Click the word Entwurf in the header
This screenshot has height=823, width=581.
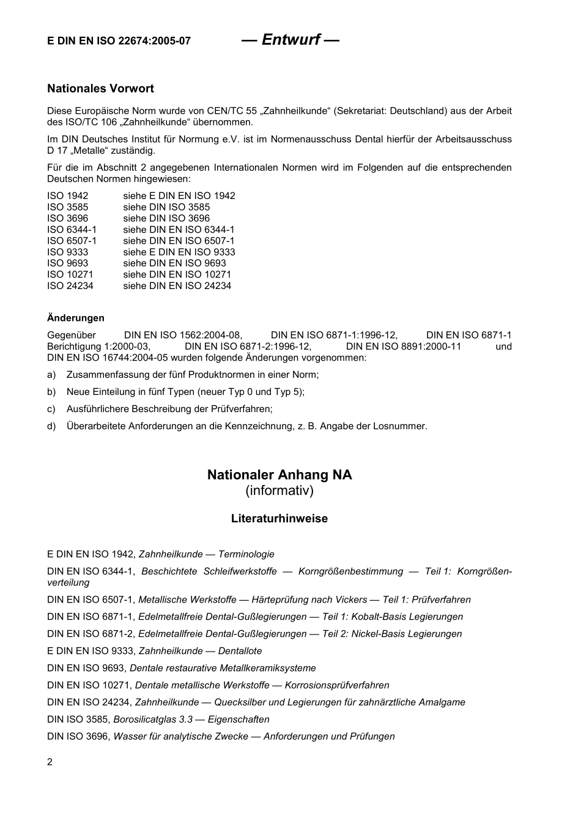pos(290,40)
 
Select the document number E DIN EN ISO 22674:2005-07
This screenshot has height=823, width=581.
pos(119,41)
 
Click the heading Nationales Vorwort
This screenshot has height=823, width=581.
pos(100,89)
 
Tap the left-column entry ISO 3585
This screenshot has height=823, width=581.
pos(67,207)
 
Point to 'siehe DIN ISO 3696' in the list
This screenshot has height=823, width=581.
pos(166,219)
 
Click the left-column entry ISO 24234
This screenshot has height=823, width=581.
pos(70,286)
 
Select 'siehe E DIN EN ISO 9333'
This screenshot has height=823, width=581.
pos(179,252)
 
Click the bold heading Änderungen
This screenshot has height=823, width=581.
pos(76,318)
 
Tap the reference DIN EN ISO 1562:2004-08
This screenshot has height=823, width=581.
pos(183,335)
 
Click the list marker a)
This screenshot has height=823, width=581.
pos(51,375)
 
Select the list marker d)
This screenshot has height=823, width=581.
pos(51,426)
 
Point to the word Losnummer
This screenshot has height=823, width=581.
pos(399,426)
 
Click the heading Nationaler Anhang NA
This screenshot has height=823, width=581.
pos(279,475)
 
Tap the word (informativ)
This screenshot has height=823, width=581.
pos(279,491)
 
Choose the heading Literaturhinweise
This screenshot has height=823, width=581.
pos(279,519)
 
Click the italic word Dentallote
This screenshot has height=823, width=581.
pos(240,652)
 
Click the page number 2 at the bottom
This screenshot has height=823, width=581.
pos(50,762)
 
